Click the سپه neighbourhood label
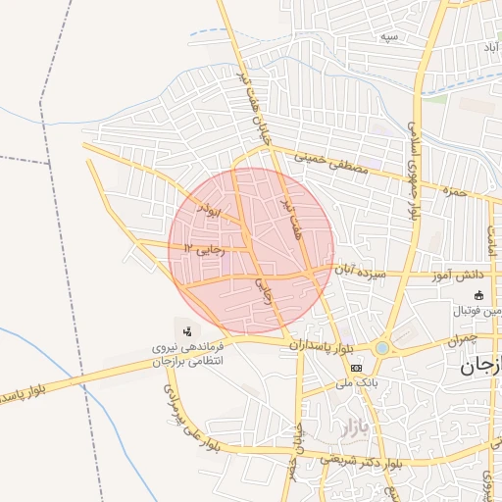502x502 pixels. click(390, 36)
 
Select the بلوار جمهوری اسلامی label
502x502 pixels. click(414, 172)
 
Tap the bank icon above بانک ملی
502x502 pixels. click(356, 368)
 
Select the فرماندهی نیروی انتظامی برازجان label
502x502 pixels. click(186, 354)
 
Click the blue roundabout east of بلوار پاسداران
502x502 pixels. click(381, 348)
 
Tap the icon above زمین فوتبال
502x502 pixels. click(478, 296)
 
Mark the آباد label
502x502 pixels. click(486, 46)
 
